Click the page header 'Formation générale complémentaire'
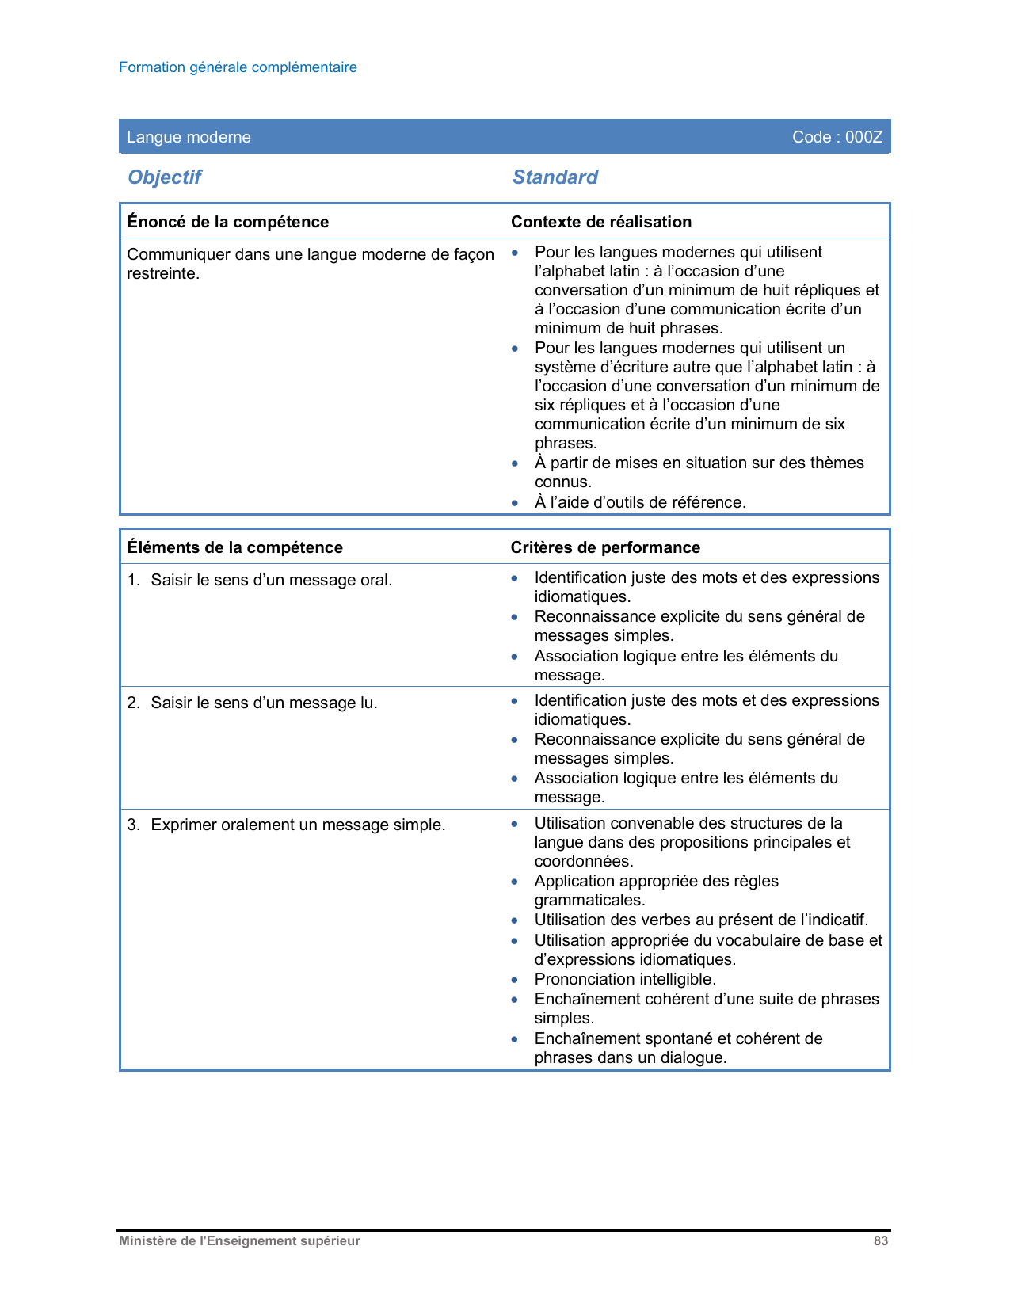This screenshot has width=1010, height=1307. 238,67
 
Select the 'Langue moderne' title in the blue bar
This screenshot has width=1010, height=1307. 189,137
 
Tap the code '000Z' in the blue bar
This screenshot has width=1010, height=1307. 863,137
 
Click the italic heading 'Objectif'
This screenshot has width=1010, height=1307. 165,177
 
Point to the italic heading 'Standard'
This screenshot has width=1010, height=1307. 555,177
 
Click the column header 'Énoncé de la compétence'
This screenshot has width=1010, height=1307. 228,222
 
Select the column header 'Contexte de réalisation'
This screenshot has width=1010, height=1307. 601,222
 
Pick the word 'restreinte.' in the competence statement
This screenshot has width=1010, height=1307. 163,274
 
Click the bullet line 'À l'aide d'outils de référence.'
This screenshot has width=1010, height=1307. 640,502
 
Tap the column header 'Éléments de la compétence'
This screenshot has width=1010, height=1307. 234,547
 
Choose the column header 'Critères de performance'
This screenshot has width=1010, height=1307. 605,547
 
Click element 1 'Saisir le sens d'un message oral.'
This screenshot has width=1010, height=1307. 271,580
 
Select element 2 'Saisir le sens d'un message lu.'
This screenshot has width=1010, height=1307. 264,703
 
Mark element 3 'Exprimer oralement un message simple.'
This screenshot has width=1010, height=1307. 298,825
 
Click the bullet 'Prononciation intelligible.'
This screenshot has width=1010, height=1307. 625,979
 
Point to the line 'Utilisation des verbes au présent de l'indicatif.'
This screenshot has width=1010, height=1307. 701,920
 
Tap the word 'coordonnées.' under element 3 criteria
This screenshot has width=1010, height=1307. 584,861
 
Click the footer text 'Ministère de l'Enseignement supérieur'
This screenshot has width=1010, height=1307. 239,1241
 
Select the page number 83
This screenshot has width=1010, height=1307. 881,1241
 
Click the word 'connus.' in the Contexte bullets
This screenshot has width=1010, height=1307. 563,482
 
